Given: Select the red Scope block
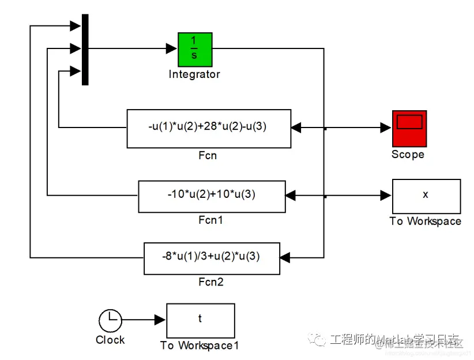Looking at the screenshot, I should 409,128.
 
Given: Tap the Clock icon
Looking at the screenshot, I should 110,320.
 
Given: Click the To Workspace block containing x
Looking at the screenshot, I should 426,196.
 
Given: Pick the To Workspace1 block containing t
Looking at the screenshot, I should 200,320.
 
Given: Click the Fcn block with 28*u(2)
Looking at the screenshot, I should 208,128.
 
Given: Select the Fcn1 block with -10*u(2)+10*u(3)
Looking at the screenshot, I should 212,196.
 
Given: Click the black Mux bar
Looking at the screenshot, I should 85,49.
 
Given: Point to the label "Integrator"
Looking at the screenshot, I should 194,74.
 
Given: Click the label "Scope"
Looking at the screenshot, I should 408,154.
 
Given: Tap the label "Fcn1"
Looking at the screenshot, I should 210,220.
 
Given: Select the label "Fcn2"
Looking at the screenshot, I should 210,282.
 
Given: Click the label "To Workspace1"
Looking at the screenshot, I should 200,345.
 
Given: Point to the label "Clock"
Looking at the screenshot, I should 110,340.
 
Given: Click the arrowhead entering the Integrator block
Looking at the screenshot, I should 172,48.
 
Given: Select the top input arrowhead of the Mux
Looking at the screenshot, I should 76,26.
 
